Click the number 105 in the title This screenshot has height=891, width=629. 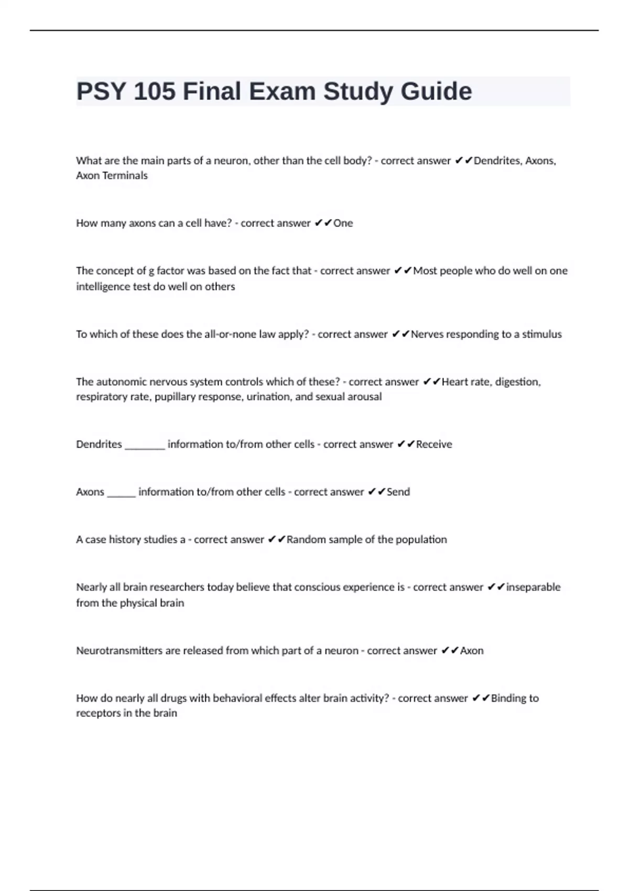pyautogui.click(x=155, y=92)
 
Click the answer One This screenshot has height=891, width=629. pyautogui.click(x=343, y=223)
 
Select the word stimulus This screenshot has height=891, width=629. pyautogui.click(x=541, y=334)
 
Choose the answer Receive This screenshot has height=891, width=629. pyautogui.click(x=434, y=444)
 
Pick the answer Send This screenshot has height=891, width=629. pyautogui.click(x=398, y=492)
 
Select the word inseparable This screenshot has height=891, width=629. pyautogui.click(x=533, y=588)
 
